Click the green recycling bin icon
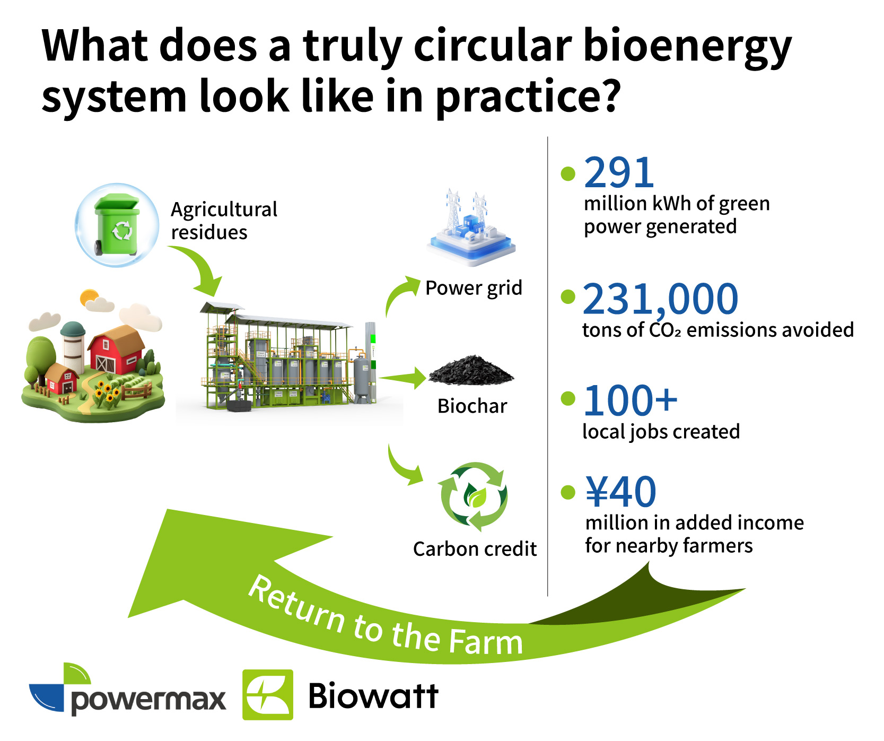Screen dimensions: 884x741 pos(117,224)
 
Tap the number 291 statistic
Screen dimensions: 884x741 pos(619,172)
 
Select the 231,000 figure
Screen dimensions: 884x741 pos(660,299)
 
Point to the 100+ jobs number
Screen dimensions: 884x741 pos(630,400)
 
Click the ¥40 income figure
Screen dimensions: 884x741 pos(621,492)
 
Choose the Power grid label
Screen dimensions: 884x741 pos(474,289)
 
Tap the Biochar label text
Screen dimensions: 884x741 pos(472,406)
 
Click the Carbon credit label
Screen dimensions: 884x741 pos(475,549)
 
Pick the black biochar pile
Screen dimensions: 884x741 pos(471,370)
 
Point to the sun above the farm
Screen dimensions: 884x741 pos(89,297)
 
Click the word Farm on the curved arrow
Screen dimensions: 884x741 pos(485,641)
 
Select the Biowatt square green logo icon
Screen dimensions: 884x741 pos(268,695)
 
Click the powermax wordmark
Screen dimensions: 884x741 pos(148,700)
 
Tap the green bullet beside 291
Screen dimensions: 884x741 pos(568,173)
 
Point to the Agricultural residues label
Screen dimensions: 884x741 pos(224,221)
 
